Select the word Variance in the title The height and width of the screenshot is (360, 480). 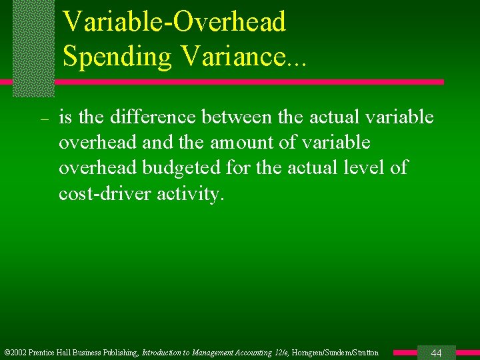coord(231,57)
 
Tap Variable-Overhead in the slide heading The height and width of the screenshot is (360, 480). coord(174,21)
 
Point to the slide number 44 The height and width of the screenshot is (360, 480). coord(437,353)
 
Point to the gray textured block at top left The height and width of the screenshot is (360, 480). coord(33,48)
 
